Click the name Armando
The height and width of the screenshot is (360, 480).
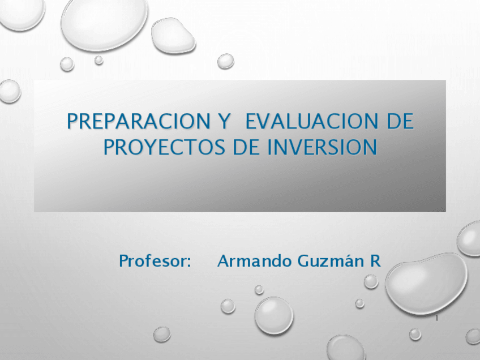(251, 262)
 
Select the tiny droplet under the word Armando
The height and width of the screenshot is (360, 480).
(259, 290)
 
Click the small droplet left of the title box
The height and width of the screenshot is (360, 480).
(9, 91)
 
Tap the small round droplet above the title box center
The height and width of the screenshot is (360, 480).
(226, 61)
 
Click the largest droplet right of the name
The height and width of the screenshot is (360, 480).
(426, 282)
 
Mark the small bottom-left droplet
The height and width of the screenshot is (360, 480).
(162, 334)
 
